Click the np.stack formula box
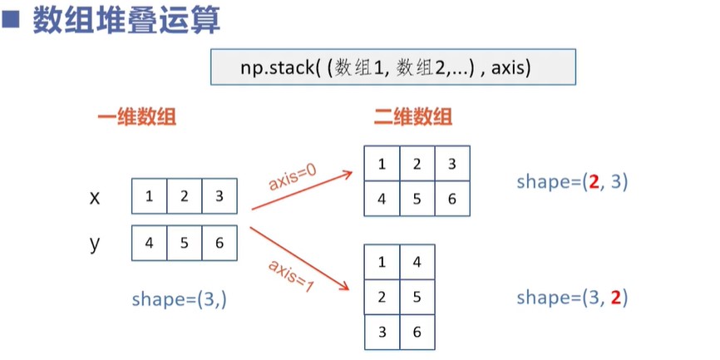click(392, 67)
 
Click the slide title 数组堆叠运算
click(126, 20)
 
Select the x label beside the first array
click(95, 197)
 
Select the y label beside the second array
click(95, 244)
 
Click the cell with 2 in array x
click(185, 197)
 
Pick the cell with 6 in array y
click(219, 244)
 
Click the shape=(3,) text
click(180, 299)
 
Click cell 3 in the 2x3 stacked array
click(452, 164)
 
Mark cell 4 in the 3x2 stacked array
click(417, 263)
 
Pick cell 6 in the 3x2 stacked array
click(417, 333)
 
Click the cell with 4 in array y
click(149, 244)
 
